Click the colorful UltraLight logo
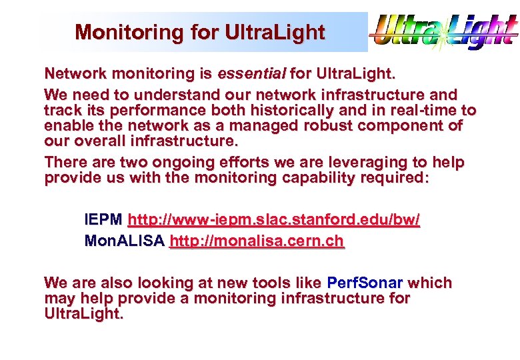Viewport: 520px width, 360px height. pos(444,31)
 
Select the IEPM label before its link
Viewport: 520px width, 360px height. pos(103,219)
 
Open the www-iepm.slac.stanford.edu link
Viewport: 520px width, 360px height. pos(273,219)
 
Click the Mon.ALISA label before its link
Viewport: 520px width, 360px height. pos(124,241)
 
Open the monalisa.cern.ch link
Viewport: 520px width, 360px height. pos(257,241)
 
